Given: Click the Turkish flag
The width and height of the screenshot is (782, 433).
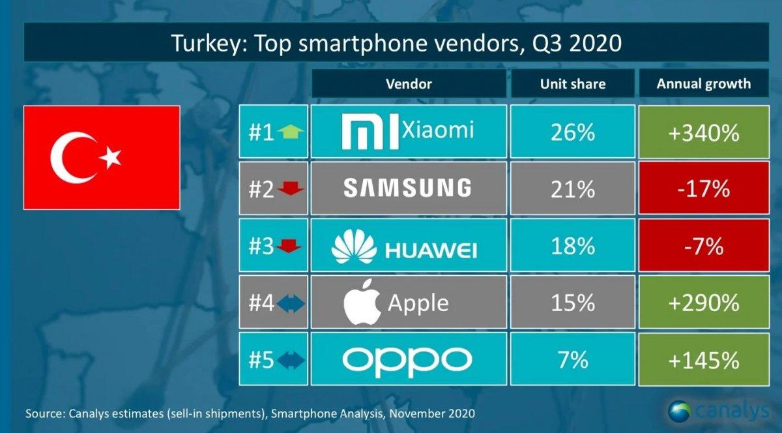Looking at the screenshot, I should pyautogui.click(x=102, y=157).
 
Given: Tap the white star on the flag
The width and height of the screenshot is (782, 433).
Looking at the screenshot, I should pyautogui.click(x=111, y=157).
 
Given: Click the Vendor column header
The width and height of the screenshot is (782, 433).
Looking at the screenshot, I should pyautogui.click(x=409, y=83).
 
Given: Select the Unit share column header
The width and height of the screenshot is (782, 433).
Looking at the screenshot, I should pyautogui.click(x=572, y=83).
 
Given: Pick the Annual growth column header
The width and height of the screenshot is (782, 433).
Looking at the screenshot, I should pyautogui.click(x=703, y=83).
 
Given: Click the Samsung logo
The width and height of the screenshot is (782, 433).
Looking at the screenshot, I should pyautogui.click(x=407, y=188).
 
